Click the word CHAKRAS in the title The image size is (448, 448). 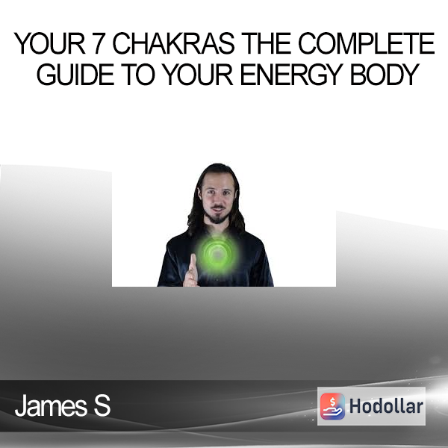tap(174, 43)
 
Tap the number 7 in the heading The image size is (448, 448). tap(99, 43)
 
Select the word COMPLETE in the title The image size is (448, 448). tap(367, 43)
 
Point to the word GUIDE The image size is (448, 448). tap(75, 74)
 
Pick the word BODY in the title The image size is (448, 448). tap(385, 74)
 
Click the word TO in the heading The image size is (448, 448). tap(139, 74)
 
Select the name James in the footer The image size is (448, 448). tap(51, 405)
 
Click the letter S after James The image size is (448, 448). tap(102, 405)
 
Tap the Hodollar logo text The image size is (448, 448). tap(386, 406)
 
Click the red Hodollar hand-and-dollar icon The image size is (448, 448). tap(332, 406)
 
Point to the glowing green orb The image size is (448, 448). tap(218, 254)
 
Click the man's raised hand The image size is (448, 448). tap(191, 270)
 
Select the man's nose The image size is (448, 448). tap(218, 199)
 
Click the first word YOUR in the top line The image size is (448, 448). tap(50, 43)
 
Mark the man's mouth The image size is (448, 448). tap(218, 208)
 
